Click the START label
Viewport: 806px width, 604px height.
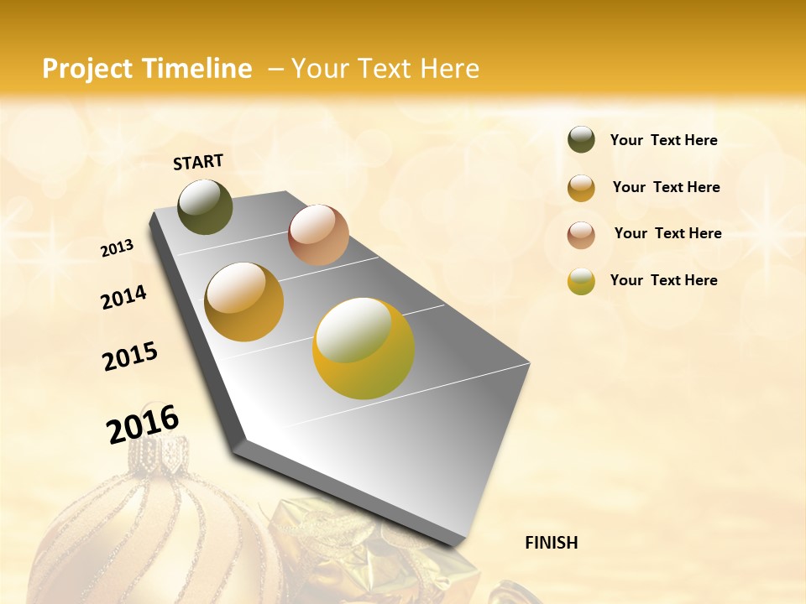click(x=198, y=162)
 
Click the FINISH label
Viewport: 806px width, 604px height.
click(x=551, y=543)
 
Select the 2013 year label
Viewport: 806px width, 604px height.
click(x=117, y=248)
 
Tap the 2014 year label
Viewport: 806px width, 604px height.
click(x=123, y=297)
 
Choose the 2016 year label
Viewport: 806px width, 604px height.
click(x=143, y=424)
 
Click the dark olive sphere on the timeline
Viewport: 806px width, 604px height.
click(x=205, y=206)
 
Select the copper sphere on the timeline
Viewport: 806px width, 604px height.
click(x=318, y=235)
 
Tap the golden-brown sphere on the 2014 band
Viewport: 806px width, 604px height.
click(x=243, y=302)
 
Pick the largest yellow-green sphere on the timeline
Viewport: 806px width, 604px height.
click(x=364, y=348)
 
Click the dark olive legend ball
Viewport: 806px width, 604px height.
click(x=581, y=140)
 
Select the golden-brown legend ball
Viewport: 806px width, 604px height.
click(x=581, y=188)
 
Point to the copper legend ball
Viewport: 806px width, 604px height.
click(x=581, y=235)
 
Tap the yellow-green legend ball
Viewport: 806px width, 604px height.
click(x=581, y=281)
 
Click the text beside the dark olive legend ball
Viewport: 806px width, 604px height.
click(x=663, y=140)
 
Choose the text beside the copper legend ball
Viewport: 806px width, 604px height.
click(x=667, y=233)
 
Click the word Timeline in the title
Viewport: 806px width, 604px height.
click(x=197, y=69)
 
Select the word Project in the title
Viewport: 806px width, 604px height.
click(x=87, y=69)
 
